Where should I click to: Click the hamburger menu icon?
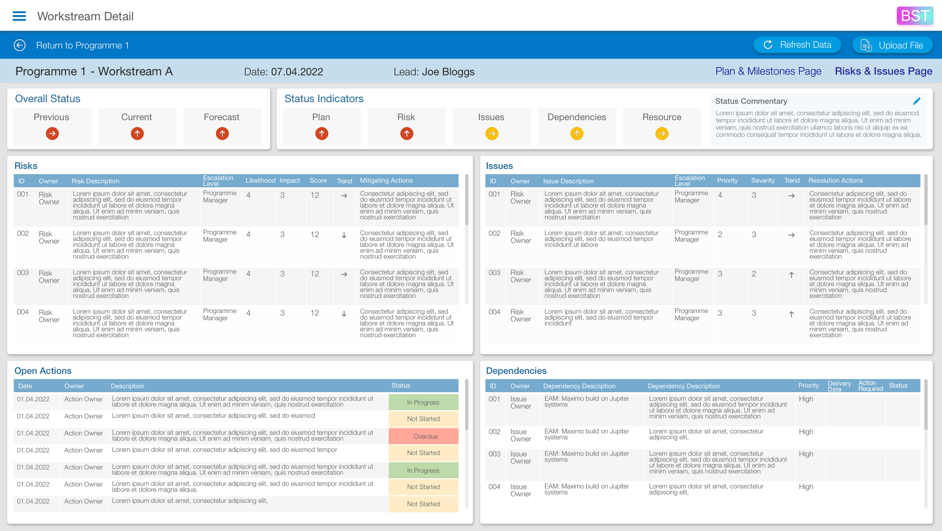tap(19, 16)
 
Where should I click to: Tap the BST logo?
tap(914, 16)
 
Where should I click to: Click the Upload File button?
tap(892, 45)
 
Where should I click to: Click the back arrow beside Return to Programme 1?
tap(20, 45)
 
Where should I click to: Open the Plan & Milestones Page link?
tap(768, 71)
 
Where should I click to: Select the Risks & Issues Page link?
tap(883, 71)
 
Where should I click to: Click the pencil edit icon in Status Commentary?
tap(916, 101)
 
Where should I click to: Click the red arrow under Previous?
tap(52, 134)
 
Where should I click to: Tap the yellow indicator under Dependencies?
tap(577, 134)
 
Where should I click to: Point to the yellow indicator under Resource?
tap(662, 134)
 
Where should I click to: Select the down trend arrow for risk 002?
tap(344, 235)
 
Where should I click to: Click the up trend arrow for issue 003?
tap(791, 275)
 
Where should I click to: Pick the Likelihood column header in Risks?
tap(260, 181)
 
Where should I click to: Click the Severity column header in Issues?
tap(763, 181)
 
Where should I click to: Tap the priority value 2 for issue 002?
tap(720, 235)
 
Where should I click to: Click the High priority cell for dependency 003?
tap(806, 454)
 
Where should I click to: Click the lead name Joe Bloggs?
tap(448, 72)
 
